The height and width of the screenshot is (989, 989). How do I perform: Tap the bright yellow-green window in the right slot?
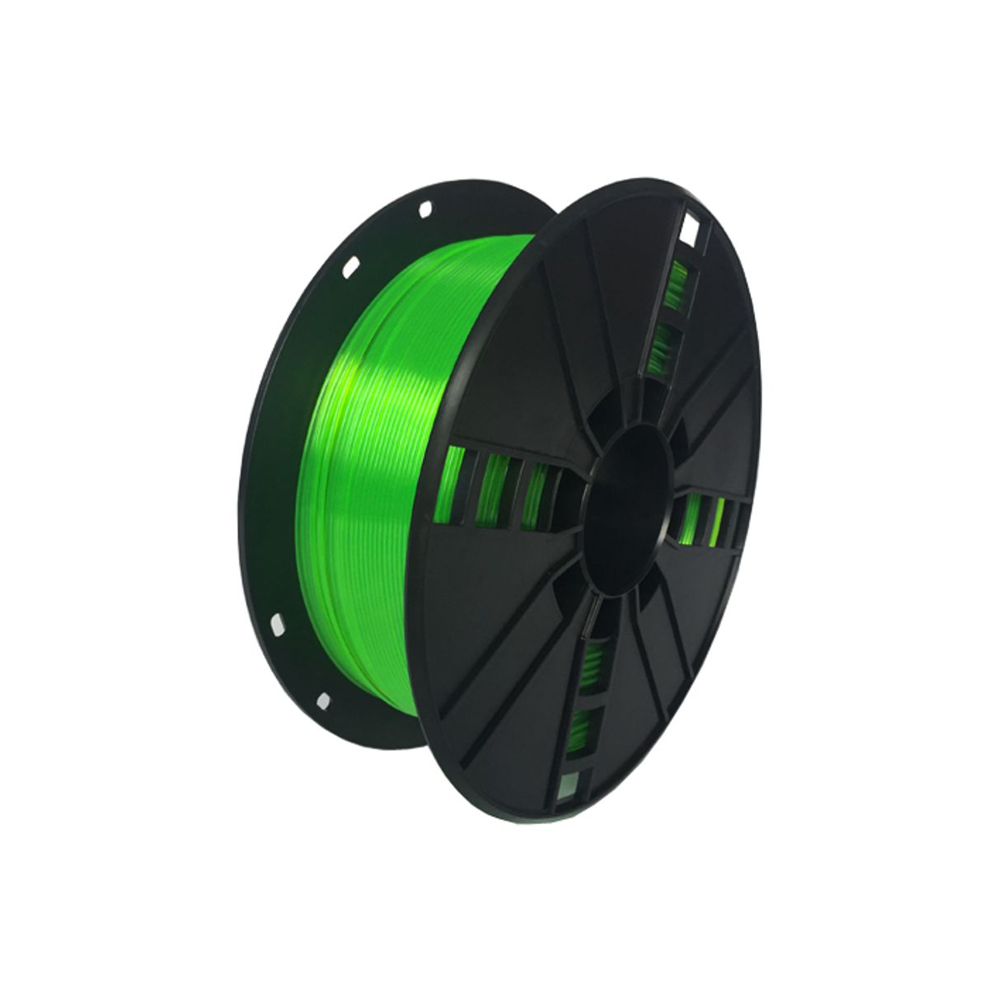click(719, 523)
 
